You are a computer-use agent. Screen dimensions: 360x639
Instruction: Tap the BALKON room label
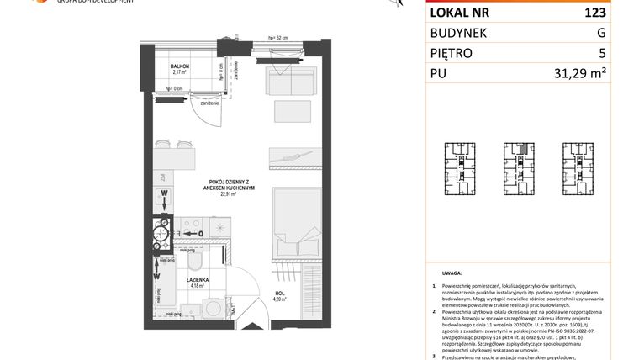pos(179,66)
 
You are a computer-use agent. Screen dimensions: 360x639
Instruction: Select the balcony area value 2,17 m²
pos(179,73)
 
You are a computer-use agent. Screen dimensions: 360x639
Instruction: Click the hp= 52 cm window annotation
pos(278,39)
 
